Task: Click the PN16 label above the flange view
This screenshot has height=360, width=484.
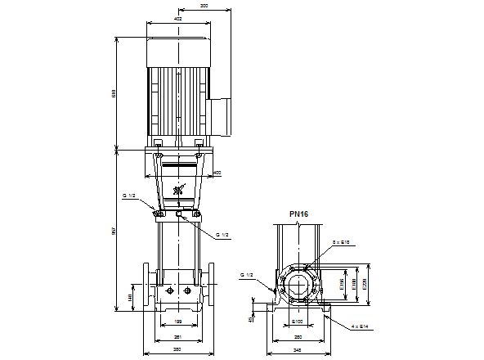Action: [x=298, y=215]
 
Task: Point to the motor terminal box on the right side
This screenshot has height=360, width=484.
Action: [x=222, y=115]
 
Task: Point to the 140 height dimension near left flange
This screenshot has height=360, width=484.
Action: [x=131, y=297]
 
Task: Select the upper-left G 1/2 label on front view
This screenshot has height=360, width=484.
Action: [x=128, y=196]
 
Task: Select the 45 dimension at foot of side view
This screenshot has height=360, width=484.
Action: [x=251, y=319]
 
